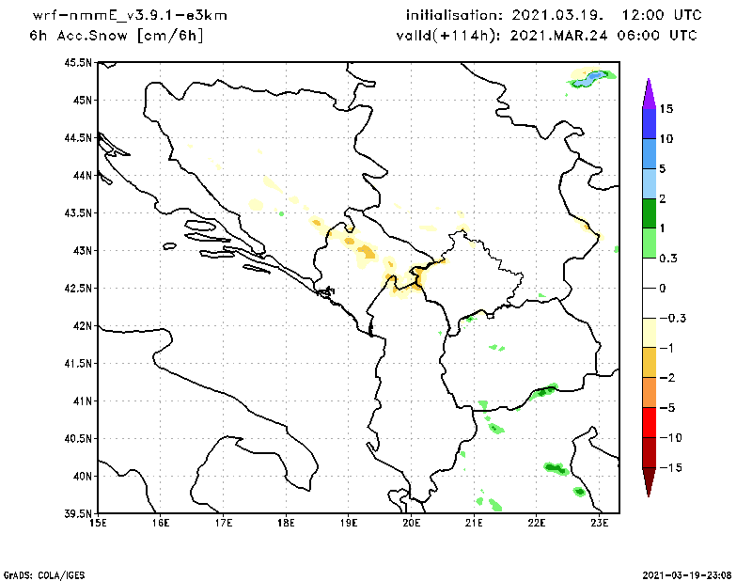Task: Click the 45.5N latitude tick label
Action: pos(78,62)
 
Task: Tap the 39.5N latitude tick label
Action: pos(78,513)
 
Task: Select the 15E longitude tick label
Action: pos(97,524)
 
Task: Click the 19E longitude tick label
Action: pos(349,524)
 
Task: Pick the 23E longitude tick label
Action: pos(600,524)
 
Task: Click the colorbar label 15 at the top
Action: pos(666,109)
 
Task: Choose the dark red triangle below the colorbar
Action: pos(648,480)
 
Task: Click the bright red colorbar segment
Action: pos(648,422)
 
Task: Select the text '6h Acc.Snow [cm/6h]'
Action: pos(117,35)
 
